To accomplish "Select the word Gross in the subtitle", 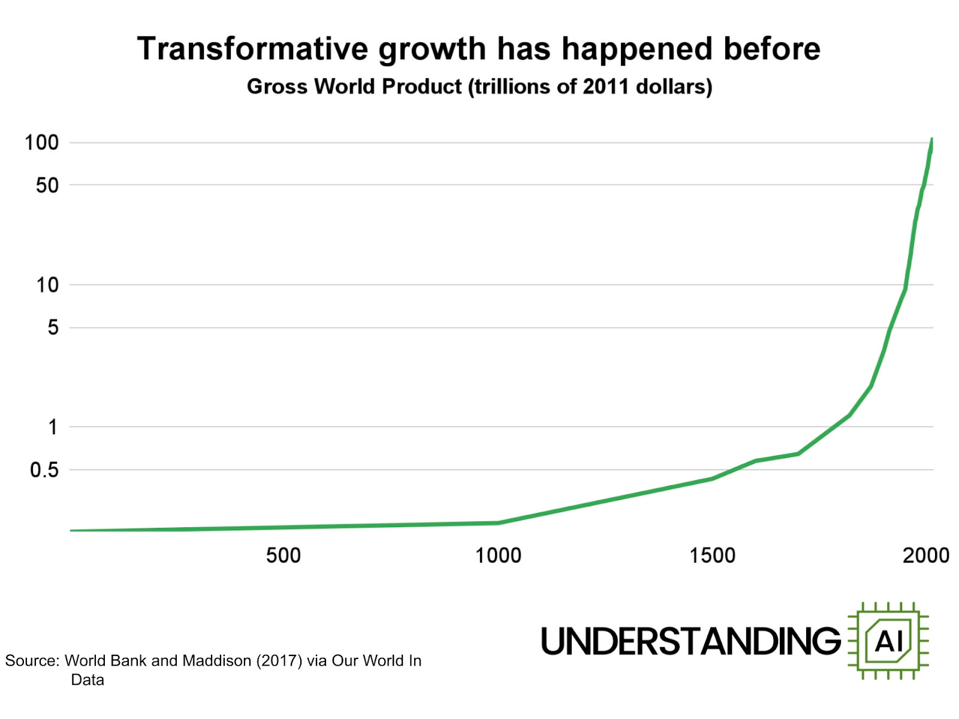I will click(276, 87).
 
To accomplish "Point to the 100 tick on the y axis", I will click(41, 143).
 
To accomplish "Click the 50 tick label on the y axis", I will click(47, 185).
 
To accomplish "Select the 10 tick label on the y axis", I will click(47, 285).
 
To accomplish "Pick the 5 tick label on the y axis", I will click(53, 327).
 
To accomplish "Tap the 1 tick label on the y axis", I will click(53, 427).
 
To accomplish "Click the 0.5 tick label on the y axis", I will click(44, 470).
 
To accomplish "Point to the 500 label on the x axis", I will click(283, 555).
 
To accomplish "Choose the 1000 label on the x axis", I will click(498, 555).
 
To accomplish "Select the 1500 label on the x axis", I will click(712, 555).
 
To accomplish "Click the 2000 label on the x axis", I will click(926, 555).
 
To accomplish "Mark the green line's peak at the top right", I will click(931, 140).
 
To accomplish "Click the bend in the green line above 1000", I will click(498, 522).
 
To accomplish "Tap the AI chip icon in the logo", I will click(888, 641).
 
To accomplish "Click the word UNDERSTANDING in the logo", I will click(691, 641).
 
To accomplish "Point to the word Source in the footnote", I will click(31, 661).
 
